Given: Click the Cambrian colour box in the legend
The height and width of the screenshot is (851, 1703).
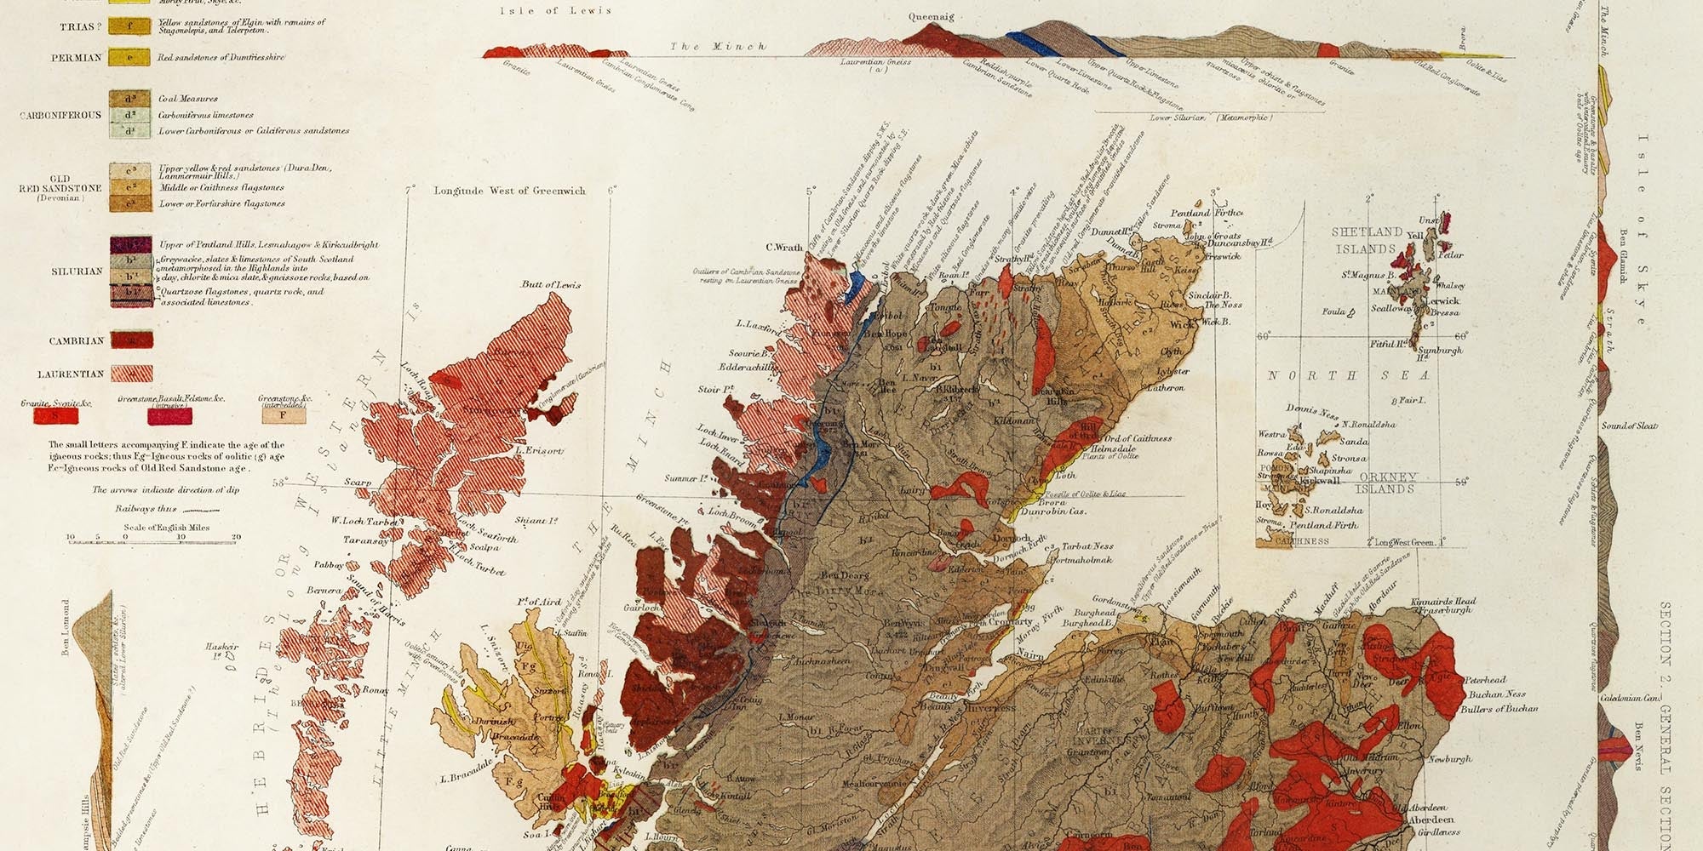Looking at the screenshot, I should click(131, 340).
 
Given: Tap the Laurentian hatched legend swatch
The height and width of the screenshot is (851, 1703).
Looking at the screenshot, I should click(131, 374).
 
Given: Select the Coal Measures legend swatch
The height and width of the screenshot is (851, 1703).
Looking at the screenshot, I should click(130, 99).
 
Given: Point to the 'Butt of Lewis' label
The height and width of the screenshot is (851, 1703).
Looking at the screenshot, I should click(551, 284).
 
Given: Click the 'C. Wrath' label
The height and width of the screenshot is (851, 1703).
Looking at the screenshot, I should click(784, 248).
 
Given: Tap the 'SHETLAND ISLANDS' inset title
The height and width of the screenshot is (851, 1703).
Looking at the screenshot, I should click(1366, 240).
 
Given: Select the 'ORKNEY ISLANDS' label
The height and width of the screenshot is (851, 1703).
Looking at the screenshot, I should click(1386, 483).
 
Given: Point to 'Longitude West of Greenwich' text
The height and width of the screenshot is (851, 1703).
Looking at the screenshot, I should click(509, 191).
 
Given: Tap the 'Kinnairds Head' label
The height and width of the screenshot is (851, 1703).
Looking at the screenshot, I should click(1443, 602).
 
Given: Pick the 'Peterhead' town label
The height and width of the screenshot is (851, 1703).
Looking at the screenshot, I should click(1485, 680).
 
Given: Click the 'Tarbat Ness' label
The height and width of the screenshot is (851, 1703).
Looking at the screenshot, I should click(1087, 546).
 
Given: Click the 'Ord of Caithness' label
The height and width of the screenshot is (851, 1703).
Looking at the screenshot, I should click(1138, 438).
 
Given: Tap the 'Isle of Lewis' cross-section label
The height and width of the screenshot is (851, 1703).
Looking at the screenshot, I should click(555, 10).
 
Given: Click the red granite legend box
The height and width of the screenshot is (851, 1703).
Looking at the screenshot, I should click(56, 415).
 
